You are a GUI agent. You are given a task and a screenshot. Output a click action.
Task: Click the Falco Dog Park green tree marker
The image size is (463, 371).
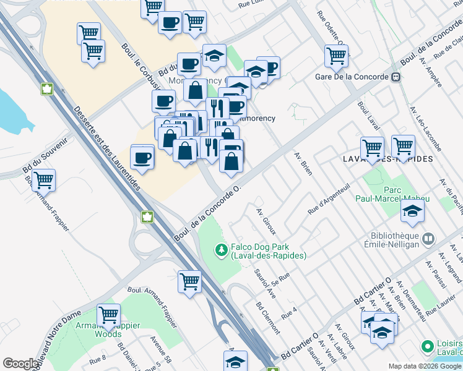coord(220,250)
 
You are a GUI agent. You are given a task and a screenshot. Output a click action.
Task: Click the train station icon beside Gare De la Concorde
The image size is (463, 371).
coord(395,77)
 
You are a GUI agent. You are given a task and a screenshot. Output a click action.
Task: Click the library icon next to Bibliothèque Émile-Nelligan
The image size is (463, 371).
coord(428,237)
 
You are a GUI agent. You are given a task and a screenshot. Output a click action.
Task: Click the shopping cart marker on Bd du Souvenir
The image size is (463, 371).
coord(43,180)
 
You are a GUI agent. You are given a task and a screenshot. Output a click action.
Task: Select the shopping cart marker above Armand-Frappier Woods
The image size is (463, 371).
coord(109,315)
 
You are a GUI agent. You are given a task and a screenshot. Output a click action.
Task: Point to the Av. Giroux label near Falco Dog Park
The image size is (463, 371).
coord(266,221)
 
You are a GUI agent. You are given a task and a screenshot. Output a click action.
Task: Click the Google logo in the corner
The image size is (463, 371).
coord(20,364)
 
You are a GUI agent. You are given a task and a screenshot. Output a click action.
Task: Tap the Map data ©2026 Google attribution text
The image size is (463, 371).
coord(424,366)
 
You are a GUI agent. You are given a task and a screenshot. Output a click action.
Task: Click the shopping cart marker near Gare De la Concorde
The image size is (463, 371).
coord(336,56)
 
